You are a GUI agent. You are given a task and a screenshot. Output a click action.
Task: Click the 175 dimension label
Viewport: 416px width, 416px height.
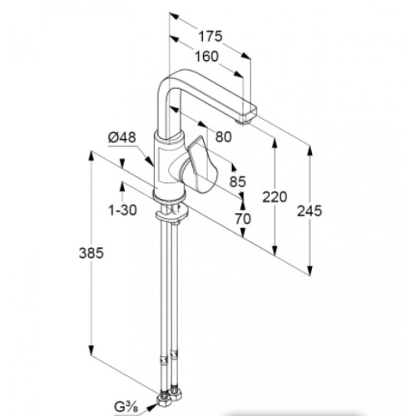(210, 37)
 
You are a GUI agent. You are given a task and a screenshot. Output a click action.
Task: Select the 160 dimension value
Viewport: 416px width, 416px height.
(206, 57)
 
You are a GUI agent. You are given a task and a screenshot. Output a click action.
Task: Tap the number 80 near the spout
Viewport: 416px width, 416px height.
(223, 136)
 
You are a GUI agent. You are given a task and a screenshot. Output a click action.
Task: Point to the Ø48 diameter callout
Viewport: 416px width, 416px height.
(122, 137)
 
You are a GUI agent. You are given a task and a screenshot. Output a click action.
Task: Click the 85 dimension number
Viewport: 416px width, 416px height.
(238, 181)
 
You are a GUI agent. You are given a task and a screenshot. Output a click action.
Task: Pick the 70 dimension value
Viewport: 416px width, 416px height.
(243, 219)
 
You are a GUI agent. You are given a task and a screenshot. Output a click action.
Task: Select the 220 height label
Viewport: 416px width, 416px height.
(275, 197)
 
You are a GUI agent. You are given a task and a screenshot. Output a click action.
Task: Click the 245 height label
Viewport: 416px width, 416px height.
(310, 211)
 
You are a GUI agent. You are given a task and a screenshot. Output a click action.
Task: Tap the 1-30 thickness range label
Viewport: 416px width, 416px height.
(122, 210)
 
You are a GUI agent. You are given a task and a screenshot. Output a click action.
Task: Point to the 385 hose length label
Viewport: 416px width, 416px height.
(92, 253)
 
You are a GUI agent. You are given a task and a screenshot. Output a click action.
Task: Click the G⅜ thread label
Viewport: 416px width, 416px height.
(126, 407)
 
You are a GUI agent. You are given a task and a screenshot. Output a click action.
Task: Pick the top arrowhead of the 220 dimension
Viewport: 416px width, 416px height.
(275, 143)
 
